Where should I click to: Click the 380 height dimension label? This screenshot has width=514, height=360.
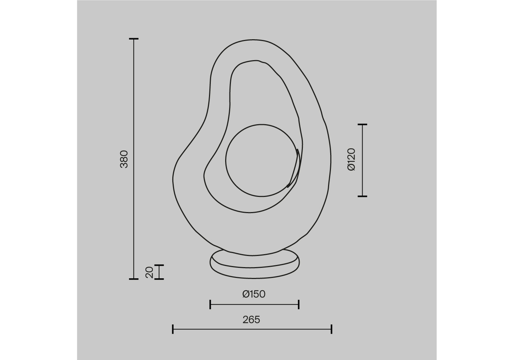(x=124, y=159)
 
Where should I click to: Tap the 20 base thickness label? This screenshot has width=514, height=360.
(x=149, y=272)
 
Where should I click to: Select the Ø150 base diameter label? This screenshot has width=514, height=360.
(x=254, y=294)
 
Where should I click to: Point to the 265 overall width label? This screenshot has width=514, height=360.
(x=251, y=320)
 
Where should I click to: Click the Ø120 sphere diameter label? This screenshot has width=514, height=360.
(x=351, y=159)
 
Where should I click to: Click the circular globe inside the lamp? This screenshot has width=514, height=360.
(x=261, y=125)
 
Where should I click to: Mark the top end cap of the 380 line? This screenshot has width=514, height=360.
(x=134, y=39)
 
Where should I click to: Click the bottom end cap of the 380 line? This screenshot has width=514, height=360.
(x=134, y=279)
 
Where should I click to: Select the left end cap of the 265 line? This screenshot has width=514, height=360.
(x=173, y=329)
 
